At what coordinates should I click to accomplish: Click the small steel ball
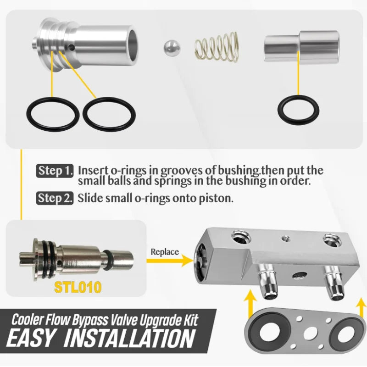click(172, 49)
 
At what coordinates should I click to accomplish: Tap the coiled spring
click(217, 47)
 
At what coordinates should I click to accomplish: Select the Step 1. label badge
click(55, 171)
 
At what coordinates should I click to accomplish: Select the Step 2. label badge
click(55, 198)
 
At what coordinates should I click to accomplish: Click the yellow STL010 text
click(78, 287)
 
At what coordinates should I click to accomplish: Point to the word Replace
click(165, 252)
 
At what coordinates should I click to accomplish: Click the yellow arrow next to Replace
click(170, 261)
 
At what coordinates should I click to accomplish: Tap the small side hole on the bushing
click(72, 48)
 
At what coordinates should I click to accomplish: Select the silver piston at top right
click(302, 47)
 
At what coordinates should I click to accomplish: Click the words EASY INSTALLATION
click(101, 339)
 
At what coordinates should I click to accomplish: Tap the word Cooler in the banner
click(27, 320)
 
